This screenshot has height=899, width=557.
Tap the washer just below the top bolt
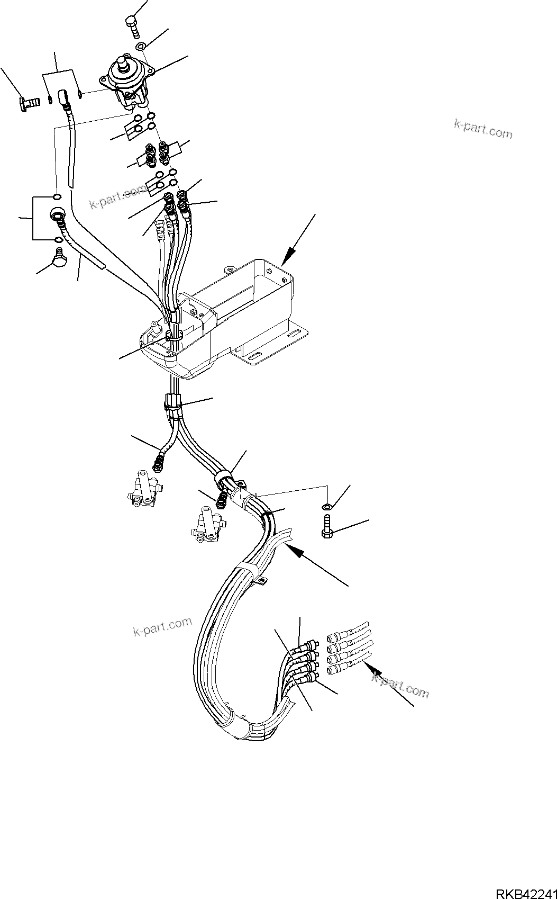(x=141, y=47)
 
